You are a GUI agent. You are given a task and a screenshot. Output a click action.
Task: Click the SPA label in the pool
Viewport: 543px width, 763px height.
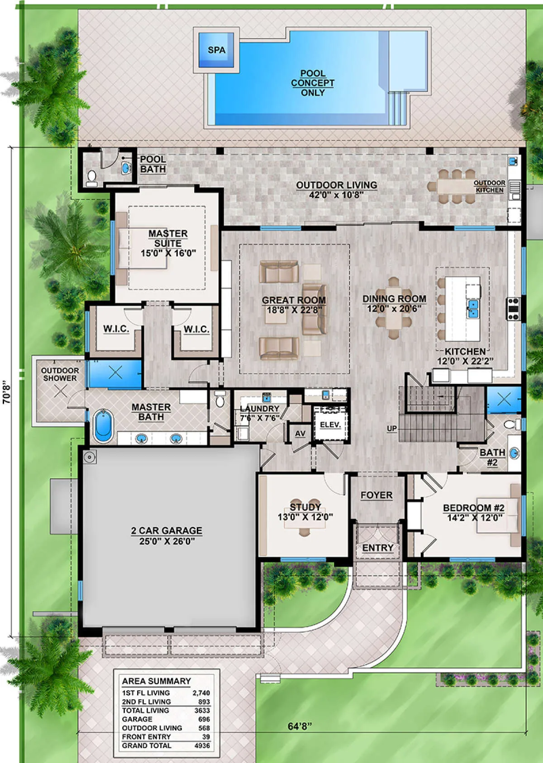(217, 50)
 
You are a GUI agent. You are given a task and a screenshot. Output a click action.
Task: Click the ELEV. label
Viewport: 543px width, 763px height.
(330, 425)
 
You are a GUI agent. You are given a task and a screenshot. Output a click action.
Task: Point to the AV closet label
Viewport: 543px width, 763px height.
(300, 433)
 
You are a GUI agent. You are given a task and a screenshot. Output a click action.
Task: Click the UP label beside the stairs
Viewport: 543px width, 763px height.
(392, 429)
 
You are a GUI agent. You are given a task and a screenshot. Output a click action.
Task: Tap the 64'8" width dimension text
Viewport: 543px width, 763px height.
(300, 726)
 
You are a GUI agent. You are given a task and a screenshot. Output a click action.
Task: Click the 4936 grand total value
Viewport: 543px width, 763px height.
(202, 746)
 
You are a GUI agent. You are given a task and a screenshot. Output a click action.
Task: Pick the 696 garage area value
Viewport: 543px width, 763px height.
(204, 720)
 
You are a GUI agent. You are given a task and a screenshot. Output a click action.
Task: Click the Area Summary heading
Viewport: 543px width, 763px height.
(156, 681)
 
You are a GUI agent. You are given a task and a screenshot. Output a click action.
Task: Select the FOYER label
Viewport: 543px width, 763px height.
(376, 495)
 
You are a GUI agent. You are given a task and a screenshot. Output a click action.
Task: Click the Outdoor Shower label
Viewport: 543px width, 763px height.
(60, 374)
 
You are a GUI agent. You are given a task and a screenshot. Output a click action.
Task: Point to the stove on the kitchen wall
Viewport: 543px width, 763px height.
(513, 309)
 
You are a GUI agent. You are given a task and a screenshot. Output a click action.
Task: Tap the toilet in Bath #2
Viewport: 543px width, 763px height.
(512, 424)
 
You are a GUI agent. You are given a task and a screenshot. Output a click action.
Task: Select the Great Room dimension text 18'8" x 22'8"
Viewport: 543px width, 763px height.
(294, 310)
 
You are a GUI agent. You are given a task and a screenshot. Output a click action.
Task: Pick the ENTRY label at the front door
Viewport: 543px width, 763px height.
(378, 548)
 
